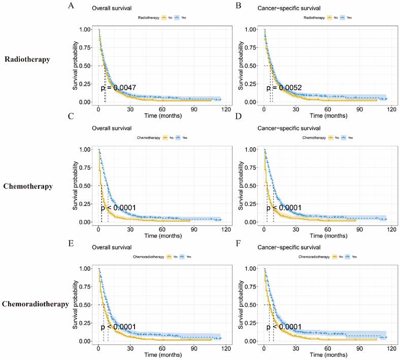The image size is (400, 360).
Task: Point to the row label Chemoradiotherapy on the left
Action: [36, 304]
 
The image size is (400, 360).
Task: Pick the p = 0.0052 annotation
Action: [285, 88]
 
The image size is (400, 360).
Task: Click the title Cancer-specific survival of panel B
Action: [287, 9]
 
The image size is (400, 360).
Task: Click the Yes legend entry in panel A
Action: [181, 17]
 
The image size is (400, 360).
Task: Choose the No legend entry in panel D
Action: [337, 137]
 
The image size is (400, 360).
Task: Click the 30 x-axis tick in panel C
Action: [130, 229]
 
